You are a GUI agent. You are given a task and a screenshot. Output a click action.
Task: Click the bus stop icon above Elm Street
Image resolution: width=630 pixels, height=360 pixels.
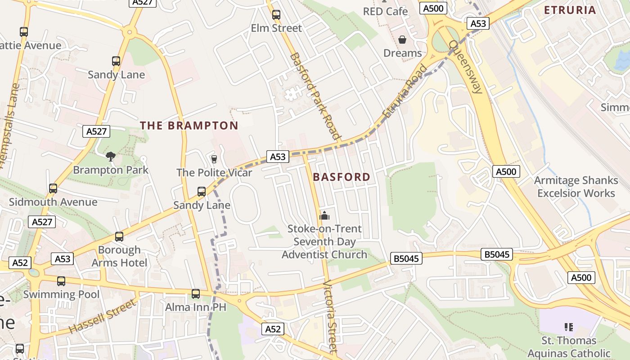click(x=276, y=15)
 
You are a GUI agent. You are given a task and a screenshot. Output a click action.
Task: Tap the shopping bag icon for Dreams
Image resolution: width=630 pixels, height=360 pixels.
click(x=402, y=40)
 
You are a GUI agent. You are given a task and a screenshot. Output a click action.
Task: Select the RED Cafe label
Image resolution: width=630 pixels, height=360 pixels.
click(x=385, y=11)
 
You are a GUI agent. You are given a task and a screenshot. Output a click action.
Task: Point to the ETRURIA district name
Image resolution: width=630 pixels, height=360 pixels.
click(x=570, y=10)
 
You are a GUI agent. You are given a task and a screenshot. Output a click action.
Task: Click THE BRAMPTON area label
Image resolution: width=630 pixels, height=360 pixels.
click(x=189, y=126)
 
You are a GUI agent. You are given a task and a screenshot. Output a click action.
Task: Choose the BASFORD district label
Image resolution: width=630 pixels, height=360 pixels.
click(x=342, y=177)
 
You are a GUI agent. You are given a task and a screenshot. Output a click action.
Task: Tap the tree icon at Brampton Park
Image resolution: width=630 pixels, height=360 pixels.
click(x=110, y=156)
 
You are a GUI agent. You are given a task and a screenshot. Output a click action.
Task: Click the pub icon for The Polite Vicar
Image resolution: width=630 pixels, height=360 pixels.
click(x=214, y=159)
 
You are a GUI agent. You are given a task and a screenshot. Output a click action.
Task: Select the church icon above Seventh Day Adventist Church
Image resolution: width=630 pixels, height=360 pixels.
click(x=324, y=216)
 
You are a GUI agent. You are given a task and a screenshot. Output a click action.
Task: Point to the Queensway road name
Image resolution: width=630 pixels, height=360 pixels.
click(x=466, y=67)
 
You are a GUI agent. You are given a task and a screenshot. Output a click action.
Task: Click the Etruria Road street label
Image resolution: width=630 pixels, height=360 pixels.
click(x=404, y=92)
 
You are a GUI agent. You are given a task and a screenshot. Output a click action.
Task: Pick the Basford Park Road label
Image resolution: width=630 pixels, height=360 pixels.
click(x=315, y=95)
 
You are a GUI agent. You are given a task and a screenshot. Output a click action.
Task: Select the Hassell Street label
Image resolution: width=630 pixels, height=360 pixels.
click(x=103, y=316)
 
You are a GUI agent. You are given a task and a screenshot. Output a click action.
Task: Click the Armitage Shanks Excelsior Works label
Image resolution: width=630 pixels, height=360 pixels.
click(x=576, y=187)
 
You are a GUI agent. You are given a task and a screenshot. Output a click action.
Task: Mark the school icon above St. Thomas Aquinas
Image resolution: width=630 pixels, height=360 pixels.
click(x=568, y=327)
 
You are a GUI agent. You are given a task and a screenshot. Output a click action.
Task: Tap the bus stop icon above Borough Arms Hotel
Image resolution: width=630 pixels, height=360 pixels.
click(x=119, y=237)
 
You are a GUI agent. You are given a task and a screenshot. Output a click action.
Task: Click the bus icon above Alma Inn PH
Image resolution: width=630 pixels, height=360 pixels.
click(x=196, y=294)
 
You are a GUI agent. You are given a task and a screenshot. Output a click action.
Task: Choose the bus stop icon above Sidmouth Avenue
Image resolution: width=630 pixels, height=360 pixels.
click(x=53, y=189)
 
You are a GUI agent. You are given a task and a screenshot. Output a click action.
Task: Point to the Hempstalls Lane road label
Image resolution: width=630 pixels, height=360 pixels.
click(x=10, y=126)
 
